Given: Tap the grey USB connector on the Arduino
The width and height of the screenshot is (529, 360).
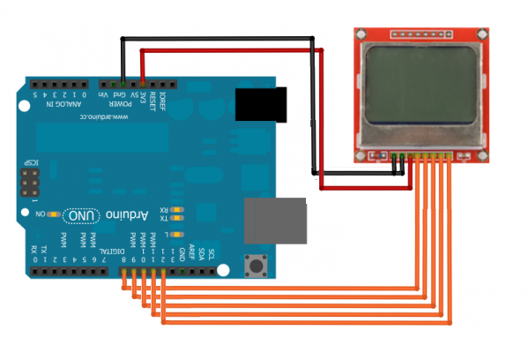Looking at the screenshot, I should [275, 220].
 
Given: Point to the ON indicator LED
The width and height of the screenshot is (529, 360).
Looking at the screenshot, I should [55, 214].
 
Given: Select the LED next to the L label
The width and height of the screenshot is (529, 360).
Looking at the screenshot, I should [179, 234].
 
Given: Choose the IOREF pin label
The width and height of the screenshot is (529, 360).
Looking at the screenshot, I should [163, 96].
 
